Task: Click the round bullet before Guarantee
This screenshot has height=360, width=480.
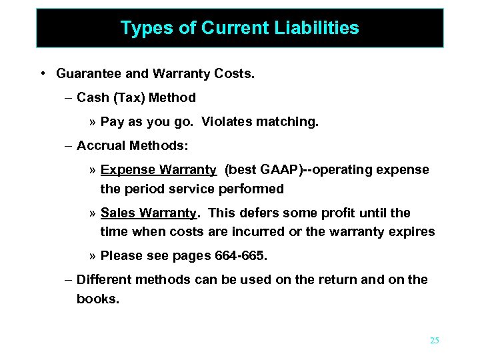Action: (42, 73)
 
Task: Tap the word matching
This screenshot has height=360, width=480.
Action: (289, 123)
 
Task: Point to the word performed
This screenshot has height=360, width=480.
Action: (253, 189)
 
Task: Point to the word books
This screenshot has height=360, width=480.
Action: (97, 299)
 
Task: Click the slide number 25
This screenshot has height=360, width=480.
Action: (435, 341)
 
